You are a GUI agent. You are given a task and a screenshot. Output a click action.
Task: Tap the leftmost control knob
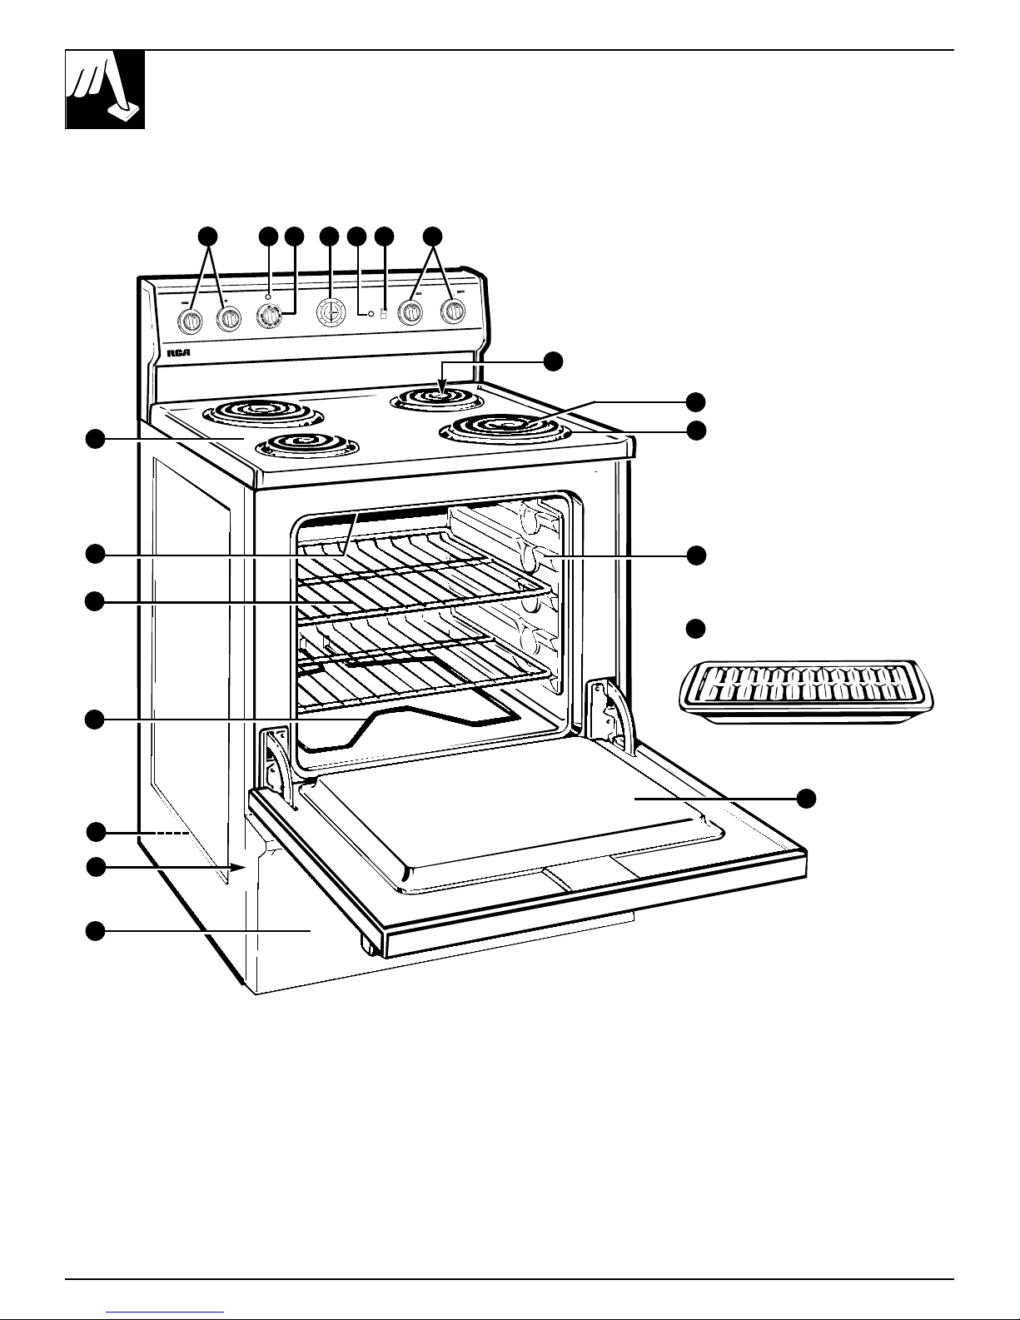[192, 320]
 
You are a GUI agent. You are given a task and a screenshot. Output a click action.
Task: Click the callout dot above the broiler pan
[696, 628]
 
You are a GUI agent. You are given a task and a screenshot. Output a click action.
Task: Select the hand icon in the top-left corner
[106, 90]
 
